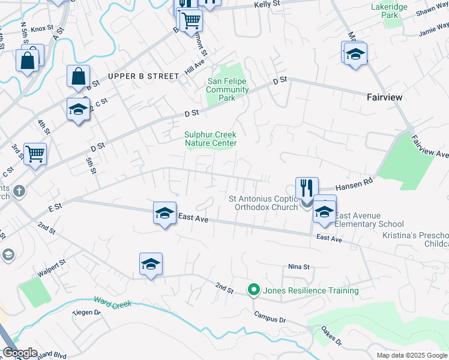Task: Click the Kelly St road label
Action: click(x=267, y=4)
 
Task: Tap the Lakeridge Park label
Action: click(x=389, y=10)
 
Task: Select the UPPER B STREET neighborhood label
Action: click(x=143, y=76)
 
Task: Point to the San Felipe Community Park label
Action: click(x=228, y=89)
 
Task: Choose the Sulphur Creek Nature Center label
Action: click(x=210, y=139)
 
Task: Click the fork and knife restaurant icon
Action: click(x=307, y=187)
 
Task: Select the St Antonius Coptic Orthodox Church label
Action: click(x=263, y=203)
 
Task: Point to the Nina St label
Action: click(x=298, y=266)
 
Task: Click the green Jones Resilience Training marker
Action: click(x=254, y=290)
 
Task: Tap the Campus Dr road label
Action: click(x=270, y=317)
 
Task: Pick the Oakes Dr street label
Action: click(x=331, y=335)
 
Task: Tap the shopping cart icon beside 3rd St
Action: click(x=35, y=153)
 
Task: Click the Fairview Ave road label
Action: click(x=430, y=147)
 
